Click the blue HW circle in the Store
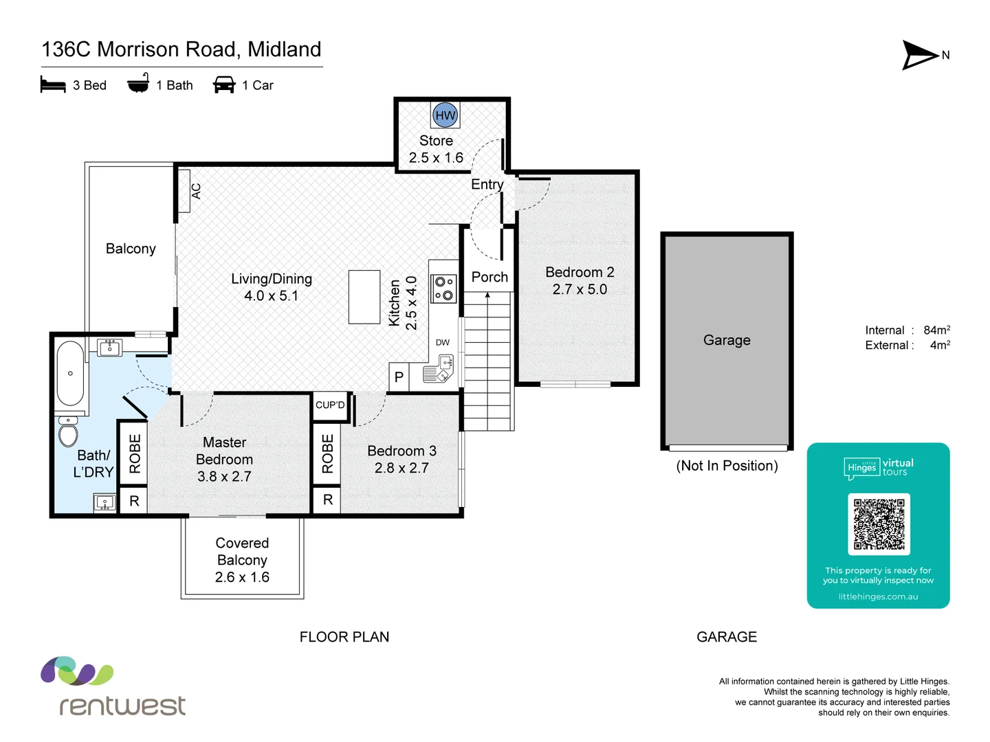coord(445,115)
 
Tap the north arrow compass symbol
coord(920,55)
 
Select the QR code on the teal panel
coord(879,524)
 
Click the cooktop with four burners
coord(443,289)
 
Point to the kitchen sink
coord(440,368)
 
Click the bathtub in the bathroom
coord(70,374)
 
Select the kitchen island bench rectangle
coord(364,297)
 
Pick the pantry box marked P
coord(399,377)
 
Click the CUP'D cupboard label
coord(330,405)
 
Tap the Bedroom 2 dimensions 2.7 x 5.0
coord(580,289)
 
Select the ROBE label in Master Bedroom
coord(135,453)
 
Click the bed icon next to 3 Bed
coord(53,85)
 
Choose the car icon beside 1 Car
coord(224,85)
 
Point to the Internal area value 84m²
coord(936,330)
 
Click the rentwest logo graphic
coord(77,671)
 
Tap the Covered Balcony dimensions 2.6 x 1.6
coord(242,577)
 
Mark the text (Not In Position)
coord(727,466)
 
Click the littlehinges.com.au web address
coord(878,596)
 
